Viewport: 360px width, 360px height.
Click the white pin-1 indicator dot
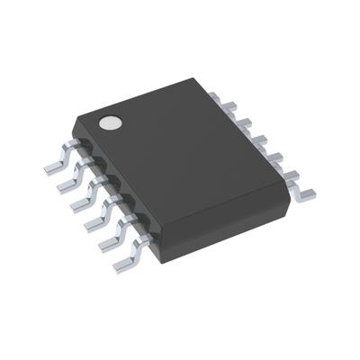pyautogui.click(x=110, y=123)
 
